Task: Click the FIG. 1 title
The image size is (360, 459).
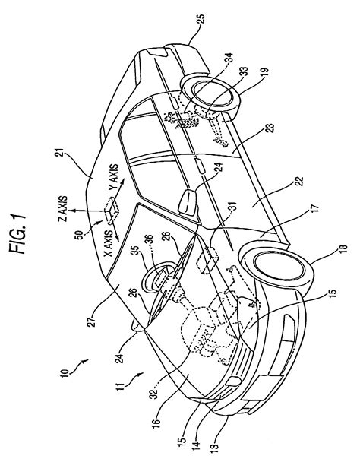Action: pos(17,233)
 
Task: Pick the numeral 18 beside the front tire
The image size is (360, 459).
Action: pos(343,248)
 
